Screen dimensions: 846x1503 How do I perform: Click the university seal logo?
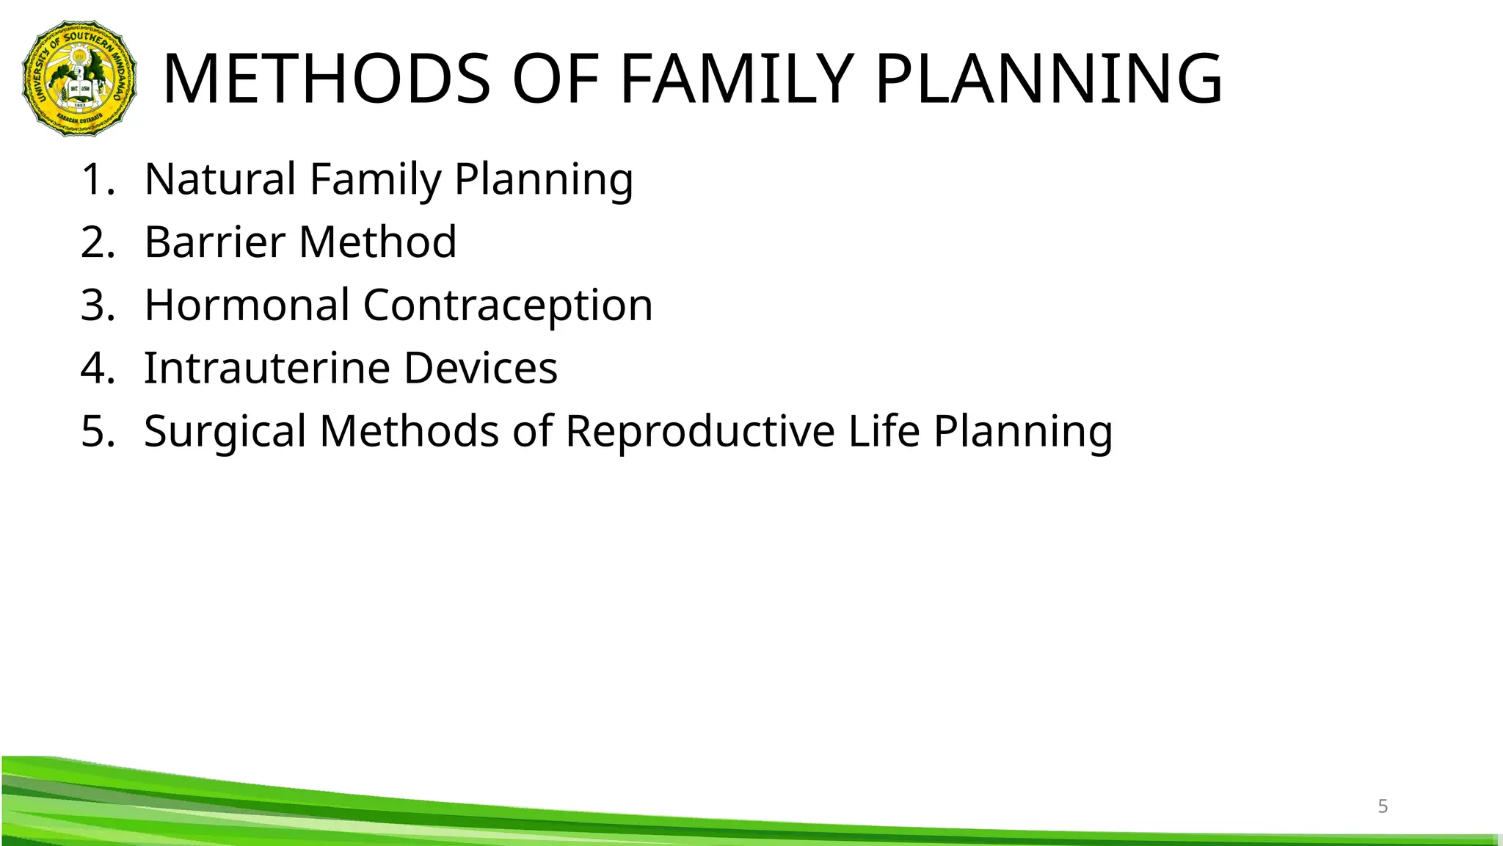click(79, 79)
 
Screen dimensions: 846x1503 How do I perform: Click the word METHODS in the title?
click(326, 79)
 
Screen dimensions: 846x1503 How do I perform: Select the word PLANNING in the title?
click(1049, 79)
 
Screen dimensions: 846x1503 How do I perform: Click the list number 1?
click(96, 178)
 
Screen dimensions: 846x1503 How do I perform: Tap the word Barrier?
click(214, 242)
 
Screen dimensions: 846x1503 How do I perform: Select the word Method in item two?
click(378, 242)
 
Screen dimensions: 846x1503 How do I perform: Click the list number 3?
click(96, 305)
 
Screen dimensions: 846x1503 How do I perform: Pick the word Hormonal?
click(247, 305)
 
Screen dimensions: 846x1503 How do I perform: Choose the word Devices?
click(480, 368)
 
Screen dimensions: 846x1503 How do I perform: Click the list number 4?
click(96, 368)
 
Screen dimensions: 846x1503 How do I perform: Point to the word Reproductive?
click(699, 431)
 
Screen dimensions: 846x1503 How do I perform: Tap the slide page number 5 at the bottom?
click(1383, 806)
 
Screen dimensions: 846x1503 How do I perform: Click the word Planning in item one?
click(543, 180)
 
